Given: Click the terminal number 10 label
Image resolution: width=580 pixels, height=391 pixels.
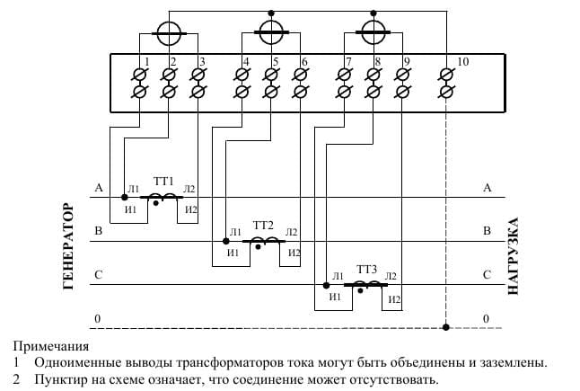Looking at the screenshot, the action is point(462,61).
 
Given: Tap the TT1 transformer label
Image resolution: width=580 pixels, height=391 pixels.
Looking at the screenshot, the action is point(163,182).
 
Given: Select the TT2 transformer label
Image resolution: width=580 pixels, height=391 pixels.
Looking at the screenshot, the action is point(263,225).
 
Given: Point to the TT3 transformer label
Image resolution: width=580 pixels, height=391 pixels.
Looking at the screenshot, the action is point(366,269).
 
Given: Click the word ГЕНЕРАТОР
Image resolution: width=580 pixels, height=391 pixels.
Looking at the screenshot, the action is point(68,246).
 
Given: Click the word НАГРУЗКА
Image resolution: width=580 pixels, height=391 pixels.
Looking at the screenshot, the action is point(513,256).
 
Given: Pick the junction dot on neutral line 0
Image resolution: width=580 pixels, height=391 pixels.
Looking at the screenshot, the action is point(446,327).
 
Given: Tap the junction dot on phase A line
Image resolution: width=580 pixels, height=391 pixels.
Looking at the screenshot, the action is point(125,198).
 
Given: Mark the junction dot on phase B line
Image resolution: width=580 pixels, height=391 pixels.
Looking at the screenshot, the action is point(226,242).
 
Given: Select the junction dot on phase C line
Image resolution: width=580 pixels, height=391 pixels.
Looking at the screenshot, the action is point(326,286).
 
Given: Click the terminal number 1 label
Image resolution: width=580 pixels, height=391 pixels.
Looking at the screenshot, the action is point(147,61).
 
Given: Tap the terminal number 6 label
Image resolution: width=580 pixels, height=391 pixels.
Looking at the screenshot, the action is point(304,61).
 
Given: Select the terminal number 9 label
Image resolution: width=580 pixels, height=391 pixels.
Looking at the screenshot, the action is point(407,61).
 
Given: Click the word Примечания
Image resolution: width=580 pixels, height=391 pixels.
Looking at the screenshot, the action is point(51,347).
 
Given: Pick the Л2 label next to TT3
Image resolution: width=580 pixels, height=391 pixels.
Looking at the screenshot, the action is point(391,276).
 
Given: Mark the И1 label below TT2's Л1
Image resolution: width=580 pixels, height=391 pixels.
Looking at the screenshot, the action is point(233,253).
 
